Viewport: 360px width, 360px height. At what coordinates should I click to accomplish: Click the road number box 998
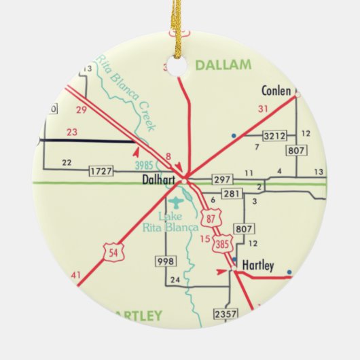[x=164, y=261]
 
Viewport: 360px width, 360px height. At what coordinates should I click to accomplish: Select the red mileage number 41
[x=75, y=275]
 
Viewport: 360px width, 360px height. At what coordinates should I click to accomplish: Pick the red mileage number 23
[x=73, y=132]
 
